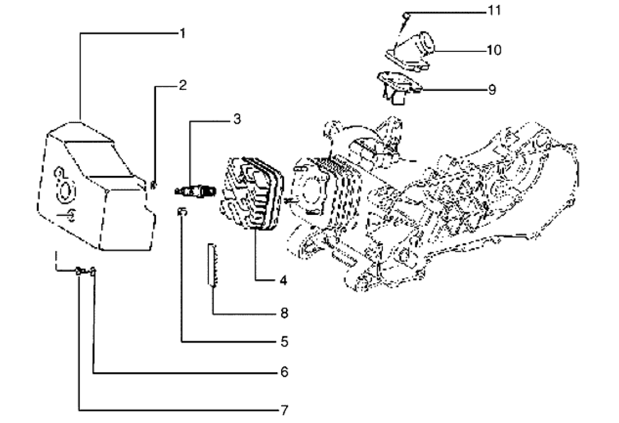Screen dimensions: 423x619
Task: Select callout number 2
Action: [x=182, y=85]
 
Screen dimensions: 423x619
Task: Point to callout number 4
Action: [x=282, y=281]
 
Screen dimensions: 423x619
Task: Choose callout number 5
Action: [x=282, y=341]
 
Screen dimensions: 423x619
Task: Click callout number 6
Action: [x=284, y=373]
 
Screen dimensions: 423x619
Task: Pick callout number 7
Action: [x=284, y=409]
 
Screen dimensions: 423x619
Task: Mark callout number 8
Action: [x=284, y=313]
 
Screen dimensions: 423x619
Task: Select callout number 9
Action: [x=491, y=90]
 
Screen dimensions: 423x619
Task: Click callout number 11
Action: [x=494, y=12]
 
